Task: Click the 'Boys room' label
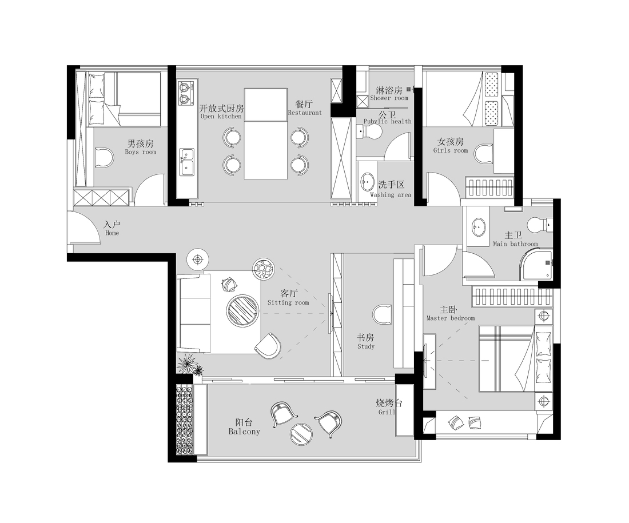point(141,152)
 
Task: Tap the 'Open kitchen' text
point(221,116)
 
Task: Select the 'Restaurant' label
point(305,113)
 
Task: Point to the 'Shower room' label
point(389,98)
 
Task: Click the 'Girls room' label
point(451,150)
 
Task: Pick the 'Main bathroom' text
point(515,244)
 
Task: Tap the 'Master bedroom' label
point(451,318)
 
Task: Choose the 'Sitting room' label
point(288,302)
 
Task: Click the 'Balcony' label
point(244,432)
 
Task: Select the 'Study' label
point(366,346)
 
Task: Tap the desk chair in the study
point(383,314)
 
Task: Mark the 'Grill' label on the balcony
point(387,412)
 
